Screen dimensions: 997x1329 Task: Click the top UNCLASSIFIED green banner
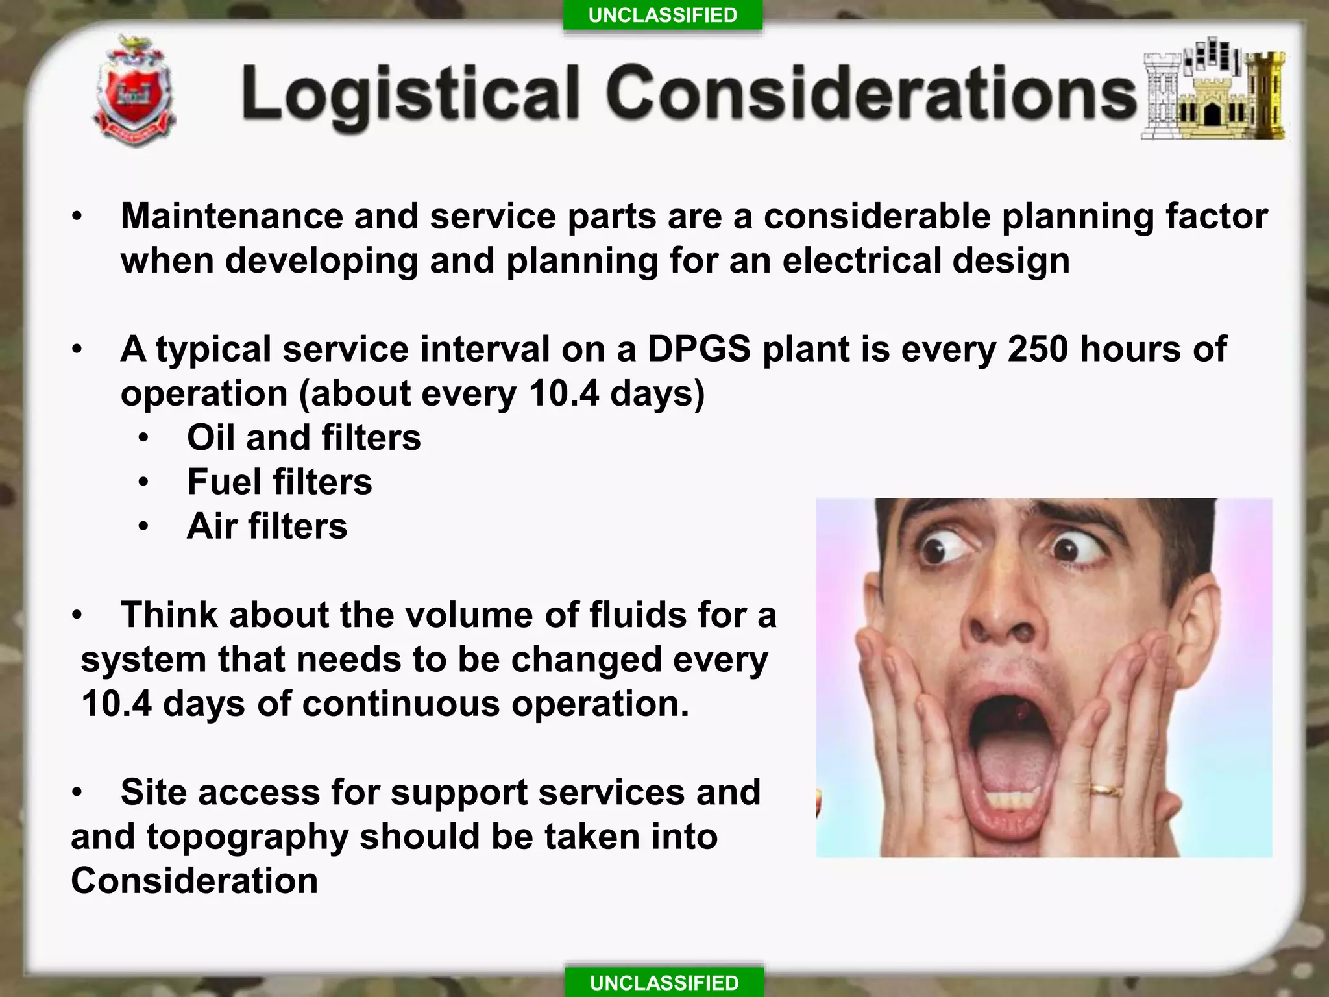[663, 15]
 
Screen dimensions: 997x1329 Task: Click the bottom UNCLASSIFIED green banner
[664, 983]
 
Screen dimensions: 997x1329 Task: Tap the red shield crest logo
[134, 91]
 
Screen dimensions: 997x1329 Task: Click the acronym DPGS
[699, 349]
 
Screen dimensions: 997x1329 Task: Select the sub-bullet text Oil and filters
[304, 437]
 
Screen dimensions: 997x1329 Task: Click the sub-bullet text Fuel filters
[280, 482]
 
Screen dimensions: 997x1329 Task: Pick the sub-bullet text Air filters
[267, 526]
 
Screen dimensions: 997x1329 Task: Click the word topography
[247, 837]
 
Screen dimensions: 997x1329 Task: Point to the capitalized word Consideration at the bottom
[194, 881]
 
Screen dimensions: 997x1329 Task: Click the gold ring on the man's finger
[1105, 790]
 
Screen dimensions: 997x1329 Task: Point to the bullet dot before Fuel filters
[143, 482]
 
